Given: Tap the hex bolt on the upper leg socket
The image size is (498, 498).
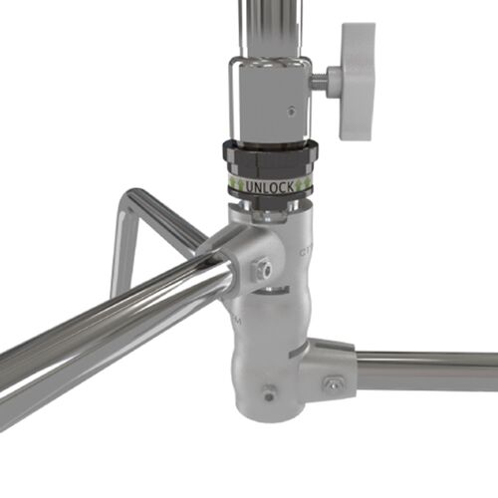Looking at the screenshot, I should click(x=263, y=267).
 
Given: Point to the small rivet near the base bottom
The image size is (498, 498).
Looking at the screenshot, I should click(x=266, y=392).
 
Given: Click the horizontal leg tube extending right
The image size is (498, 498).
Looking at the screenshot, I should click(x=428, y=371).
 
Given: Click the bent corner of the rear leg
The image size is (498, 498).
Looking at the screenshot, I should click(x=129, y=199).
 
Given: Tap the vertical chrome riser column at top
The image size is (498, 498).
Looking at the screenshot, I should click(x=267, y=25).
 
